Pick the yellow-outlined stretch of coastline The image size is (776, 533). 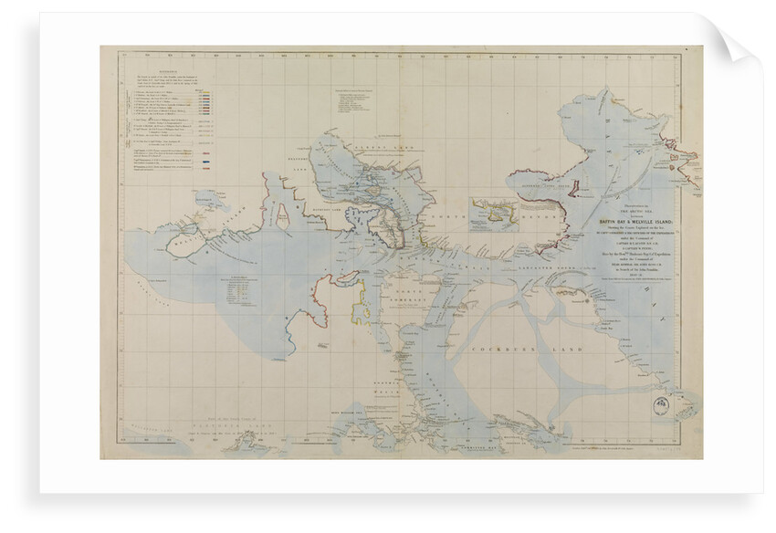[x=363, y=301]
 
